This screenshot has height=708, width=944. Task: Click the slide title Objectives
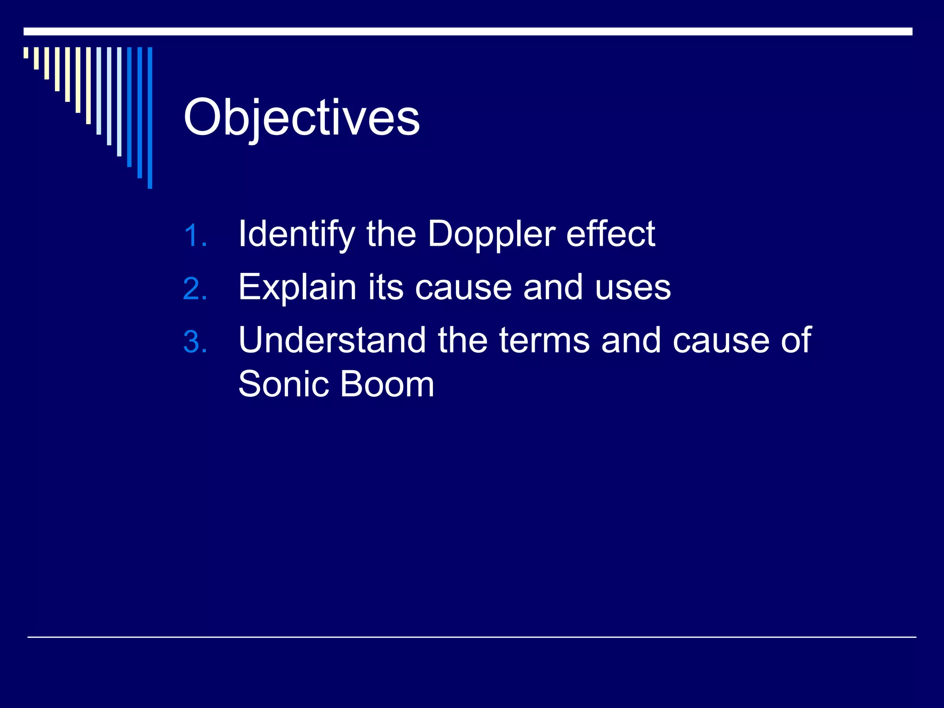tap(301, 118)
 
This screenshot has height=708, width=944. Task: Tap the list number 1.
tap(195, 236)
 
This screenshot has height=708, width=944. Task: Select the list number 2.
tap(195, 289)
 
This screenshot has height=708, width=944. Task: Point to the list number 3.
tap(195, 342)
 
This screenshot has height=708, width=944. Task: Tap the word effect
tap(610, 234)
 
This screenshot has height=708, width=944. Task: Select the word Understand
tap(332, 340)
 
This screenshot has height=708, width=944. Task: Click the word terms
tap(544, 340)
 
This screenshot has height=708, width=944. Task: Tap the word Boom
tap(387, 384)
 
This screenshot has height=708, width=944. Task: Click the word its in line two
tap(385, 287)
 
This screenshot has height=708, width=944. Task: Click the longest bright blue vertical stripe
tap(150, 118)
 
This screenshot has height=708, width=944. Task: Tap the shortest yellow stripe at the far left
tap(26, 53)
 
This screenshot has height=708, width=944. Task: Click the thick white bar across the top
tap(467, 31)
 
